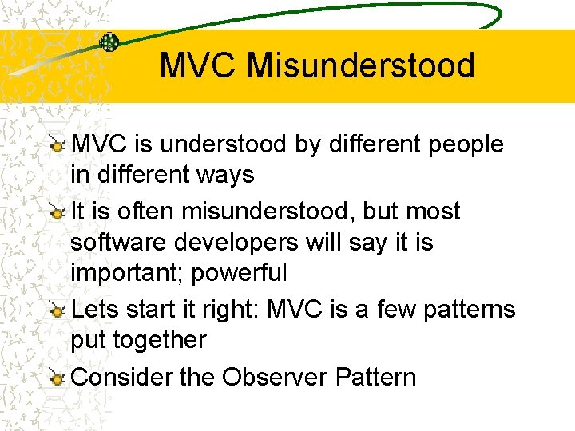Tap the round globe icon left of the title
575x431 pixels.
tap(109, 42)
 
